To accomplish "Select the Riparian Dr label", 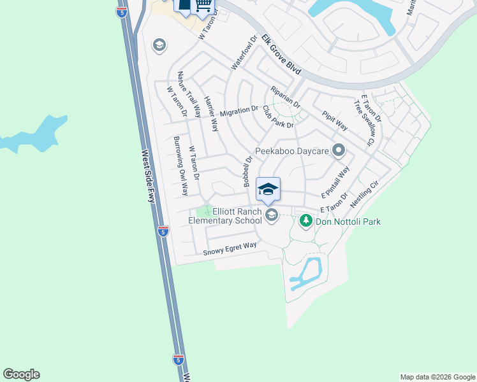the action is tap(285, 95).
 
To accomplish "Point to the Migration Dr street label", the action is tap(238, 111).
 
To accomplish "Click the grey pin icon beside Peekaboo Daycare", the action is tap(339, 151).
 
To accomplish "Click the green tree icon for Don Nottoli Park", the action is tap(306, 220).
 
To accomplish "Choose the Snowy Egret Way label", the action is tap(230, 249).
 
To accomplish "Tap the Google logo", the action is tap(21, 374).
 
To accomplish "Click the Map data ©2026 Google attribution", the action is tap(437, 377).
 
